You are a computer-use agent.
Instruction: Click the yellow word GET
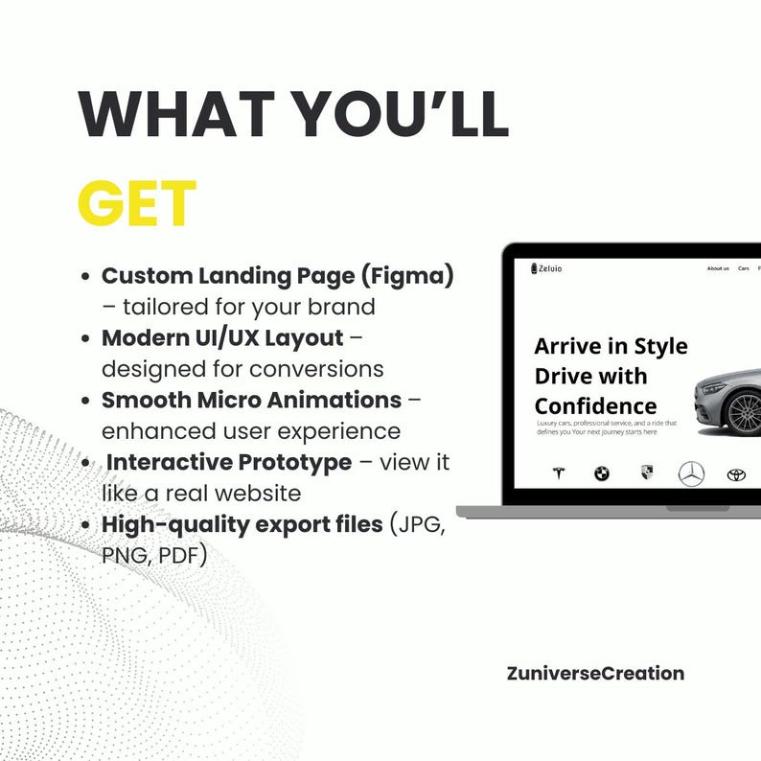(x=137, y=204)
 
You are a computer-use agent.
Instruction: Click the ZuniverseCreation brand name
(x=595, y=673)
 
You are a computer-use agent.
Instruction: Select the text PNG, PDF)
(x=154, y=555)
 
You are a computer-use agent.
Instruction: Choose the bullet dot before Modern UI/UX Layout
(x=88, y=338)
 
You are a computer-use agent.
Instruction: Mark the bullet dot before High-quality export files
(x=88, y=525)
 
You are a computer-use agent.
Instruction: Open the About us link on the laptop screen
(x=718, y=268)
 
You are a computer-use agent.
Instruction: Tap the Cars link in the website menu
(x=744, y=268)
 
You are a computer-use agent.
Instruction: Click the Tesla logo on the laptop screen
(x=559, y=473)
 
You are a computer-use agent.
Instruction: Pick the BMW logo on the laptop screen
(x=602, y=473)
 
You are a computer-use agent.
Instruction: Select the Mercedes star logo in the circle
(x=691, y=473)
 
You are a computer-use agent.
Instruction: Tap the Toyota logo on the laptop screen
(x=736, y=473)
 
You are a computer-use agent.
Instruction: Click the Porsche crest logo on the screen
(x=647, y=473)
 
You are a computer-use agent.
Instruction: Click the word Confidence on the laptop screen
(x=596, y=405)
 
